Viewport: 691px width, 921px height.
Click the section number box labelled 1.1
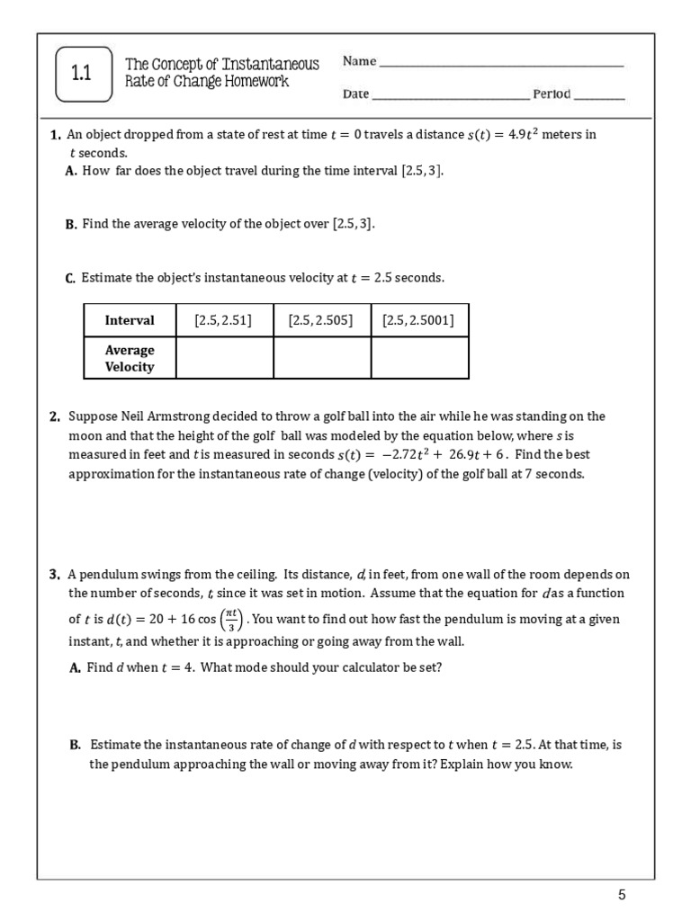click(x=83, y=75)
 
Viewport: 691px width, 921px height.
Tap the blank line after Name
click(x=501, y=65)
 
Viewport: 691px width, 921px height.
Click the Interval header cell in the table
click(x=130, y=320)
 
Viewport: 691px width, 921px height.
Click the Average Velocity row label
click(x=130, y=358)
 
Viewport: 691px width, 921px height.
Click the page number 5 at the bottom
click(x=621, y=894)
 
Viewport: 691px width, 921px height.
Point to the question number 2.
click(x=55, y=416)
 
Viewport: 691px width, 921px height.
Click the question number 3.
click(x=55, y=574)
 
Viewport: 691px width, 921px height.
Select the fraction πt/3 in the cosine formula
click(x=230, y=620)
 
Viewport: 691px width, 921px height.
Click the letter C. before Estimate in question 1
click(x=70, y=279)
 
